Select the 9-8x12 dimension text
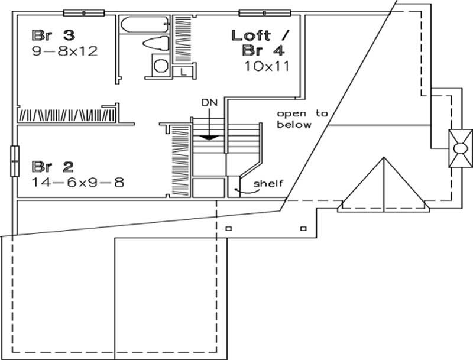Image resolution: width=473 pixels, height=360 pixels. (x=65, y=51)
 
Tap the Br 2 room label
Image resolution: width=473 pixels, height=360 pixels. (x=49, y=165)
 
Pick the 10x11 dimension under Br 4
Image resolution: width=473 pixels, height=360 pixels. (x=266, y=66)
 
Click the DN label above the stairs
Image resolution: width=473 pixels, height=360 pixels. (x=209, y=102)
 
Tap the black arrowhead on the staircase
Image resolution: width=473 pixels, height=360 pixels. (x=208, y=137)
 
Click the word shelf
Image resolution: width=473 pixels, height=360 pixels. (x=268, y=183)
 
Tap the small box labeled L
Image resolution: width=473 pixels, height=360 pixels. (x=184, y=72)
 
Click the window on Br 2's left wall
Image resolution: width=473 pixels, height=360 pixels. (x=13, y=160)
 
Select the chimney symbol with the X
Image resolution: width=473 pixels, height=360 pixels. (x=460, y=148)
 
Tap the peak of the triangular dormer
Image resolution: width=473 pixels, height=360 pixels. (x=383, y=158)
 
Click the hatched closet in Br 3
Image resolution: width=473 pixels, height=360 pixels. (x=66, y=113)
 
